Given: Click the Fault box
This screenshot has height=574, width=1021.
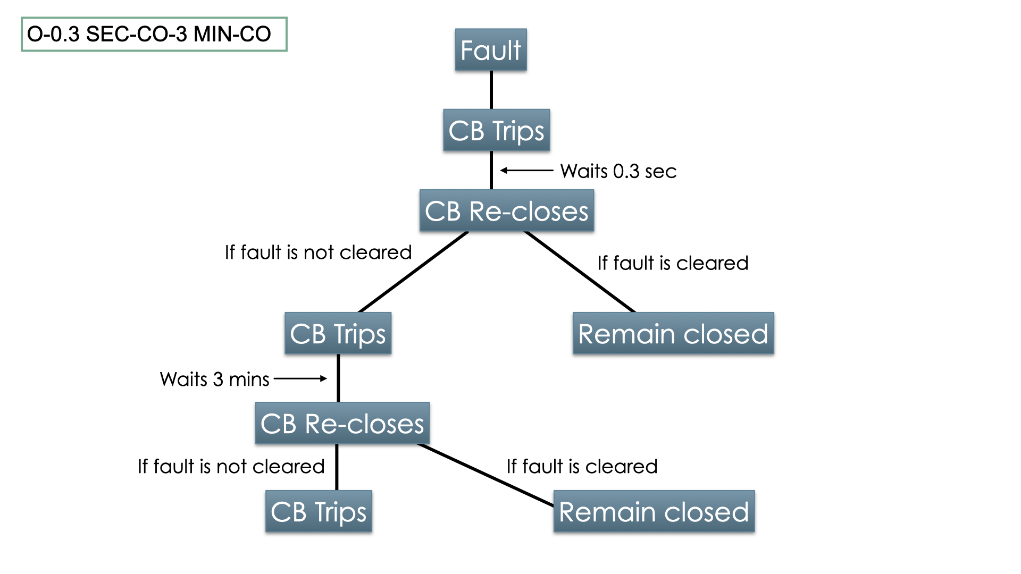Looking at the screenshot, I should point(491,50).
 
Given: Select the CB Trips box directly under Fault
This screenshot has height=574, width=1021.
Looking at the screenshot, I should point(496,131).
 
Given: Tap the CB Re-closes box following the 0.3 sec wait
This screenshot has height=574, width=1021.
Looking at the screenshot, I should point(506,211).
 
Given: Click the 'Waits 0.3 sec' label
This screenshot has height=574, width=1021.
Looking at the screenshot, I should point(618,171).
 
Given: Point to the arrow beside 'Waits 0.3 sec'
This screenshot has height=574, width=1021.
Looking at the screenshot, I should point(526,171).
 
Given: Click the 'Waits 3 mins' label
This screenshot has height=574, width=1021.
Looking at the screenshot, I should point(215,379).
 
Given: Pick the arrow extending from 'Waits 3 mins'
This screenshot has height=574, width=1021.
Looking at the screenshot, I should point(300,378).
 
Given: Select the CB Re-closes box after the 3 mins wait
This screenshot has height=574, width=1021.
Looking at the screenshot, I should point(342,424).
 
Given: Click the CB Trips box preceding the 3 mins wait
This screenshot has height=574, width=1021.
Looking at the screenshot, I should point(338,334).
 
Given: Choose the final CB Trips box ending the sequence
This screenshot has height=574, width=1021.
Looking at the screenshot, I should point(319,512).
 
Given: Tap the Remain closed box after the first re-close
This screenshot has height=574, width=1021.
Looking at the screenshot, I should point(673,334).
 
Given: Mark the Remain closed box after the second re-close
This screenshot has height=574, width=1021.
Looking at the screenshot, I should point(654,512).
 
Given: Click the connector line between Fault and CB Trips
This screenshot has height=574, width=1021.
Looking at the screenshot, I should point(491,90).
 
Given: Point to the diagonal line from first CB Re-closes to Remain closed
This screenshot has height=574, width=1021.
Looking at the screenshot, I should point(580,272).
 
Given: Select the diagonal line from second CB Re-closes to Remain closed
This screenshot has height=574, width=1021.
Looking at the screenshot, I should point(485,474).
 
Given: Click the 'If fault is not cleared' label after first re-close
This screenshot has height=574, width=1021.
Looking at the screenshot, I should point(318,252).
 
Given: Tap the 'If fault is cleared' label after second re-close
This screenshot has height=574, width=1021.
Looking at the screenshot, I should point(582,467).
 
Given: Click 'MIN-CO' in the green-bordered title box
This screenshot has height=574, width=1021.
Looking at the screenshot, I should point(232,34).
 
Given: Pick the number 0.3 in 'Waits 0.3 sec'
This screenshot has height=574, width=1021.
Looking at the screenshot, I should point(626,171).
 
